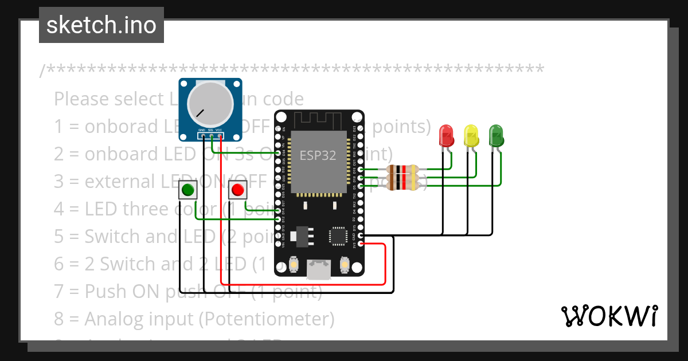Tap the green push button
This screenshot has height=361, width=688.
(187, 190)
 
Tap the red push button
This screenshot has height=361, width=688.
(237, 190)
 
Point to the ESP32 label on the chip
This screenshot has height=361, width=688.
(318, 155)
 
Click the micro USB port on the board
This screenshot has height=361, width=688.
(319, 269)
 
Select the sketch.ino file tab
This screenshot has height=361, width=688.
(101, 25)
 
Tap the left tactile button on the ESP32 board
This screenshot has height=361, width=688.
(294, 264)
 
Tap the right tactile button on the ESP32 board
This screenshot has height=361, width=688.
(345, 264)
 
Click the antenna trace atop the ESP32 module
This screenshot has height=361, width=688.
(319, 120)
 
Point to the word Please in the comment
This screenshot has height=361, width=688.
(81, 99)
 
